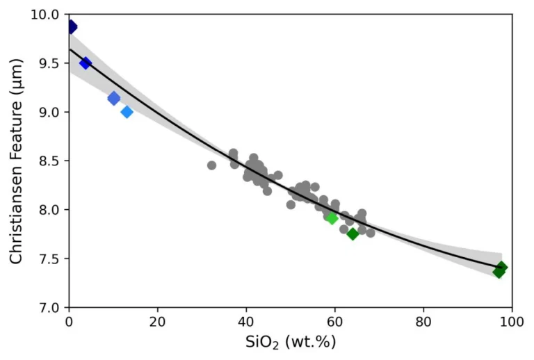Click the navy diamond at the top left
72,26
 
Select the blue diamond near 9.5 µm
86,63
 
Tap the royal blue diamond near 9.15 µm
114,98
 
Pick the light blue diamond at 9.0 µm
127,112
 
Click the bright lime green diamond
332,218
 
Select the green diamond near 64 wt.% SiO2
353,234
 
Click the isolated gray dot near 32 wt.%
211,165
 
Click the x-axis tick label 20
158,322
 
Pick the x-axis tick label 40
247,322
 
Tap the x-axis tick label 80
423,322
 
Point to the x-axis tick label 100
512,322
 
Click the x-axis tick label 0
69,322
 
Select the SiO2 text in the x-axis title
262,343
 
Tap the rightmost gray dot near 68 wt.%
371,233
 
